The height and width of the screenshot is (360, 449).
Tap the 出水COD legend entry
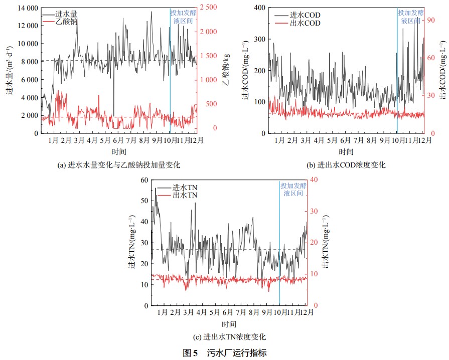click(x=305, y=23)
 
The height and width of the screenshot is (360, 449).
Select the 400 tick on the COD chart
click(x=259, y=8)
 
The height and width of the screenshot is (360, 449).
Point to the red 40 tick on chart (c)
click(x=315, y=181)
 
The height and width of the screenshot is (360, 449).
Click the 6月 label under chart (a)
click(x=118, y=141)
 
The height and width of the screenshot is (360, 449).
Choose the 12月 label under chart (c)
click(x=307, y=313)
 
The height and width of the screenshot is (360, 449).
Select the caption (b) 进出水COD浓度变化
click(x=347, y=164)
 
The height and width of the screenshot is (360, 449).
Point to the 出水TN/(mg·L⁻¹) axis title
click(x=328, y=243)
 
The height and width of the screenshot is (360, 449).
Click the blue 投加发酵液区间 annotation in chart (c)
click(x=291, y=189)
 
